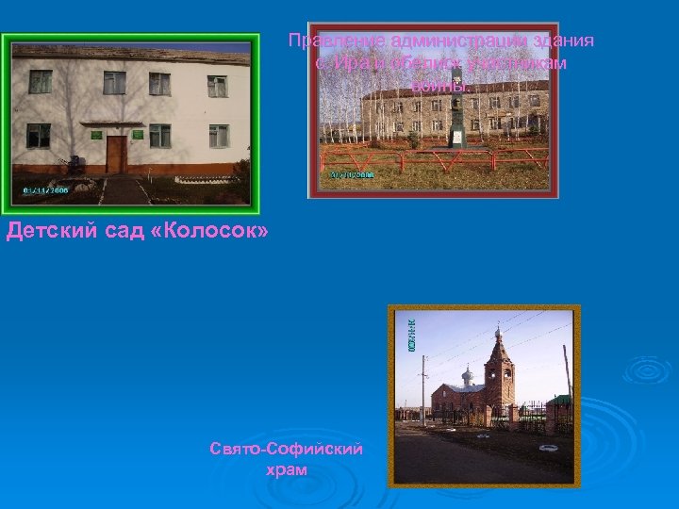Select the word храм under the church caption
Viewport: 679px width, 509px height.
pos(287,468)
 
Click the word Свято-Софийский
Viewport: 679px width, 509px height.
pos(287,451)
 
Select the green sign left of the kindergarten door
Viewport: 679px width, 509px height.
pos(96,135)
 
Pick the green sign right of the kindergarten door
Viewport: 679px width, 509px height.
pos(137,135)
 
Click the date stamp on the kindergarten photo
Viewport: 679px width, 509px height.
pos(44,189)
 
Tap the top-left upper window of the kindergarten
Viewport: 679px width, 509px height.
pos(40,81)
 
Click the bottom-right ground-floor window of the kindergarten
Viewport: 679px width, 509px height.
pos(218,136)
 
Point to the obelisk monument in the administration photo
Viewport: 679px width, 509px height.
pos(456,108)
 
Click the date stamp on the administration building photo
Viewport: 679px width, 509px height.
pos(352,175)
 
